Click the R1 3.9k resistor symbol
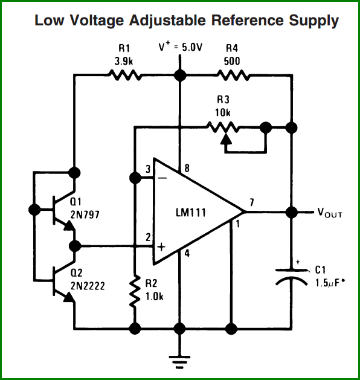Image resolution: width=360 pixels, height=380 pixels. (x=124, y=75)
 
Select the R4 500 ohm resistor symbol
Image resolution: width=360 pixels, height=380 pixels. (x=233, y=75)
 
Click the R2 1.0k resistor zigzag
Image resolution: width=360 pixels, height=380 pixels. (x=135, y=291)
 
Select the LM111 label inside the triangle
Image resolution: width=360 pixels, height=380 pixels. (x=191, y=213)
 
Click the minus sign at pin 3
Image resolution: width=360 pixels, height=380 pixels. (x=162, y=178)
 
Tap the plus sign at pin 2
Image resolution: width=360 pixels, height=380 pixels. (x=161, y=247)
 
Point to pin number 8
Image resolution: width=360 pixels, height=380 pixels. (x=187, y=168)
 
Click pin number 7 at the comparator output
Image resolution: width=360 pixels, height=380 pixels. (x=252, y=202)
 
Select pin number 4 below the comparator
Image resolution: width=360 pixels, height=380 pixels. (x=187, y=254)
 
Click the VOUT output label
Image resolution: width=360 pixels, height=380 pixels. (x=330, y=213)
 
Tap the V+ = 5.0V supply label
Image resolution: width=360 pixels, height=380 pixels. (x=180, y=47)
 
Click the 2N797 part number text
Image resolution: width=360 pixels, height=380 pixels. (x=85, y=214)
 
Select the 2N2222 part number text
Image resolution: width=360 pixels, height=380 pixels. (x=88, y=286)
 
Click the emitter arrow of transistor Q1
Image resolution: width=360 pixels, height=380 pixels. (x=69, y=225)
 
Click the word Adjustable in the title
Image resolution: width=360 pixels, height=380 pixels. (x=167, y=21)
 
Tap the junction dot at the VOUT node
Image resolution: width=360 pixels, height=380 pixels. (x=291, y=212)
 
